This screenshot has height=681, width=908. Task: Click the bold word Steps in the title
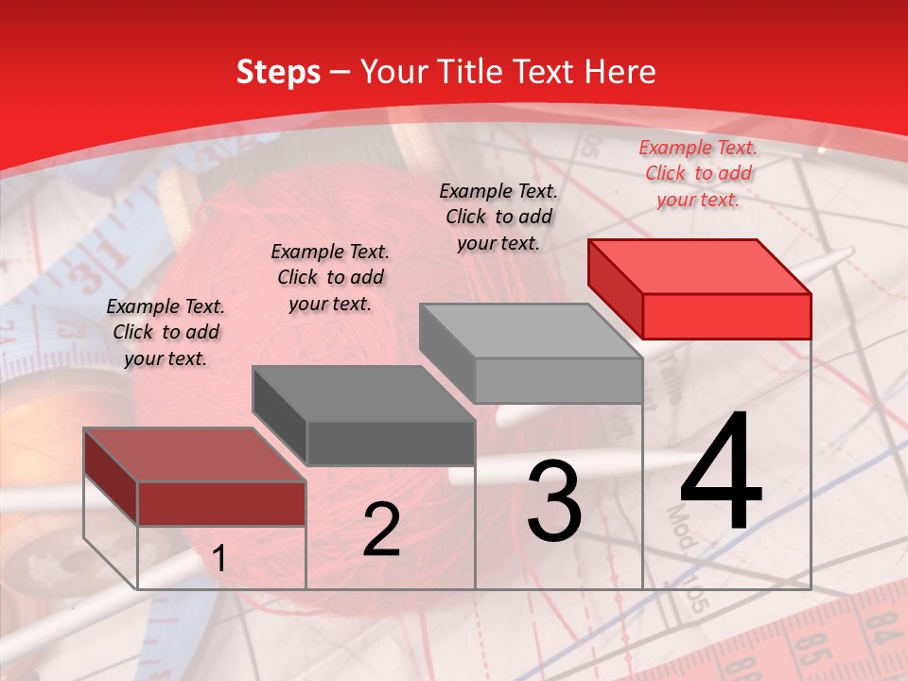click(277, 72)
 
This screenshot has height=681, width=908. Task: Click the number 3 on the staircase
click(554, 500)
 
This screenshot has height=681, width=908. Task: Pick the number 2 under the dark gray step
click(381, 530)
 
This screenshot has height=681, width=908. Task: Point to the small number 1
click(218, 559)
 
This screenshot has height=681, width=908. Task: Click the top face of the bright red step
click(698, 266)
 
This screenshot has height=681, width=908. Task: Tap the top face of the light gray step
click(530, 330)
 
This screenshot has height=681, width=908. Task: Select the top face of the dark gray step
click(362, 393)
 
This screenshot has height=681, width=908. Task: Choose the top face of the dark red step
click(194, 455)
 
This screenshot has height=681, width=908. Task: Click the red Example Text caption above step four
click(698, 173)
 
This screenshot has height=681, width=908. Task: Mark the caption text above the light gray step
click(498, 217)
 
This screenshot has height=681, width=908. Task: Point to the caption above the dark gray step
click(330, 277)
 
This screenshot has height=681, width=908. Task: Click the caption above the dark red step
click(166, 332)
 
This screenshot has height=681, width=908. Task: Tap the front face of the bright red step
click(726, 316)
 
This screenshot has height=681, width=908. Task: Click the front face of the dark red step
click(221, 503)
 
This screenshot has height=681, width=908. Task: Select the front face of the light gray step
click(558, 380)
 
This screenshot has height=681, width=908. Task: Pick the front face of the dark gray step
click(391, 443)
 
